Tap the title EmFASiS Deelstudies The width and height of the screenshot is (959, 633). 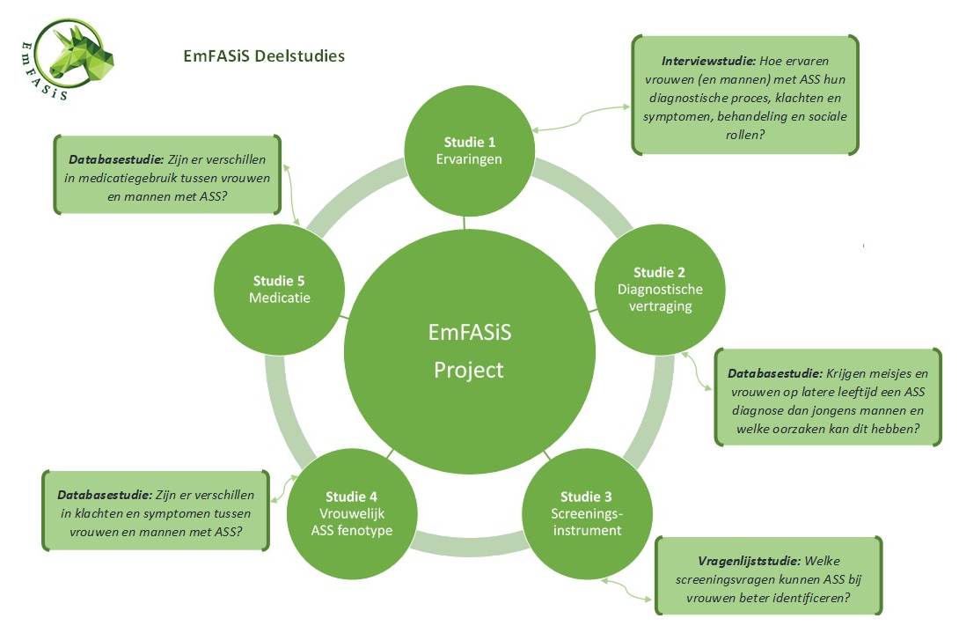tap(263, 56)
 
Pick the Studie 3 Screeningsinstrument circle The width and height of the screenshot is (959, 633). tap(586, 512)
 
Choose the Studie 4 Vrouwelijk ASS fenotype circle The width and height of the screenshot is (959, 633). tap(351, 512)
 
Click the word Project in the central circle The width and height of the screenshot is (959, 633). tap(468, 370)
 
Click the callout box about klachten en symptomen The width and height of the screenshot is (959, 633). tap(156, 512)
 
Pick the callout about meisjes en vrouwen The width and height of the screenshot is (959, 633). tap(827, 396)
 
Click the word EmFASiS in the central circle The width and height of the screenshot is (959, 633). tap(468, 333)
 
